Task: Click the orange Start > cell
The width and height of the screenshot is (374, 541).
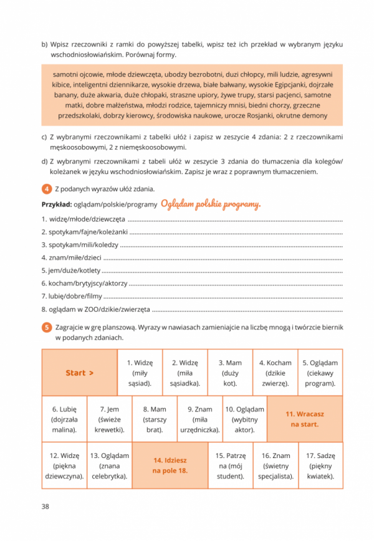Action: [x=79, y=373]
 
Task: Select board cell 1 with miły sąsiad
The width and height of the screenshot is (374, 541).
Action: [x=140, y=373]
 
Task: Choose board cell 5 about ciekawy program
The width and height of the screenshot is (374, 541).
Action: [x=320, y=373]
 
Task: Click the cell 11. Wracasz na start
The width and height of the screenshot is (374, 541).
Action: [x=305, y=419]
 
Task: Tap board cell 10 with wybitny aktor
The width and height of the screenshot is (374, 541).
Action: [x=244, y=419]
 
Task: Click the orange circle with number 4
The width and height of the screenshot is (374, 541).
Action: [x=46, y=189]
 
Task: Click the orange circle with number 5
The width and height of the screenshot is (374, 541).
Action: [x=46, y=327]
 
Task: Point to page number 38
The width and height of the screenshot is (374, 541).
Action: [x=46, y=506]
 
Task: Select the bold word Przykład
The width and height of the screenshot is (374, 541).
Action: [x=56, y=205]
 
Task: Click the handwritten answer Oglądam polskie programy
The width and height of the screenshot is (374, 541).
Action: [x=211, y=204]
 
